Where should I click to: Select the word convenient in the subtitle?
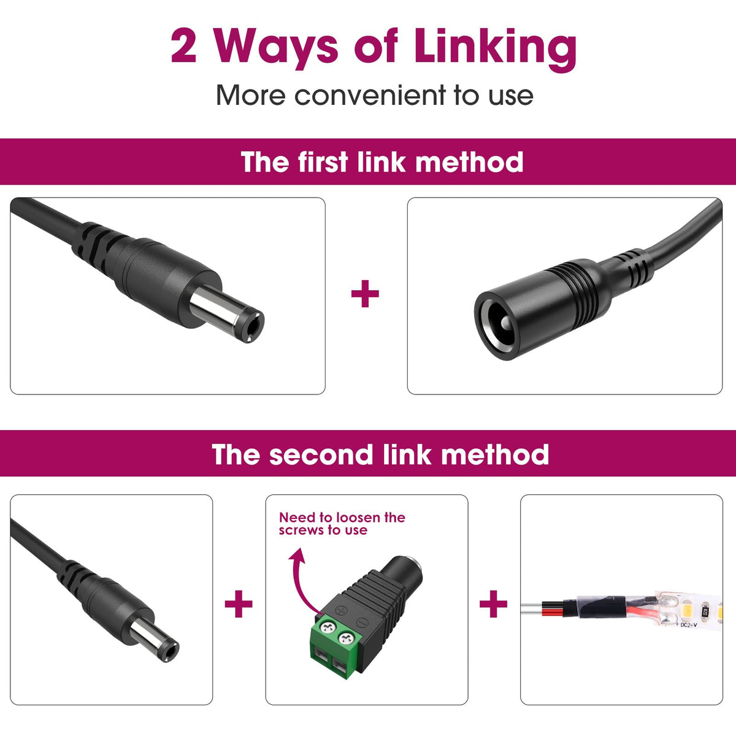[370, 96]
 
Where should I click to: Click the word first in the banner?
[323, 162]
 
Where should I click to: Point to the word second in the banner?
[320, 454]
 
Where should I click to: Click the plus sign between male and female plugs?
[365, 293]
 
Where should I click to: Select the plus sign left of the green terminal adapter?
[239, 604]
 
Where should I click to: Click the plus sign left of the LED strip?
[493, 604]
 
